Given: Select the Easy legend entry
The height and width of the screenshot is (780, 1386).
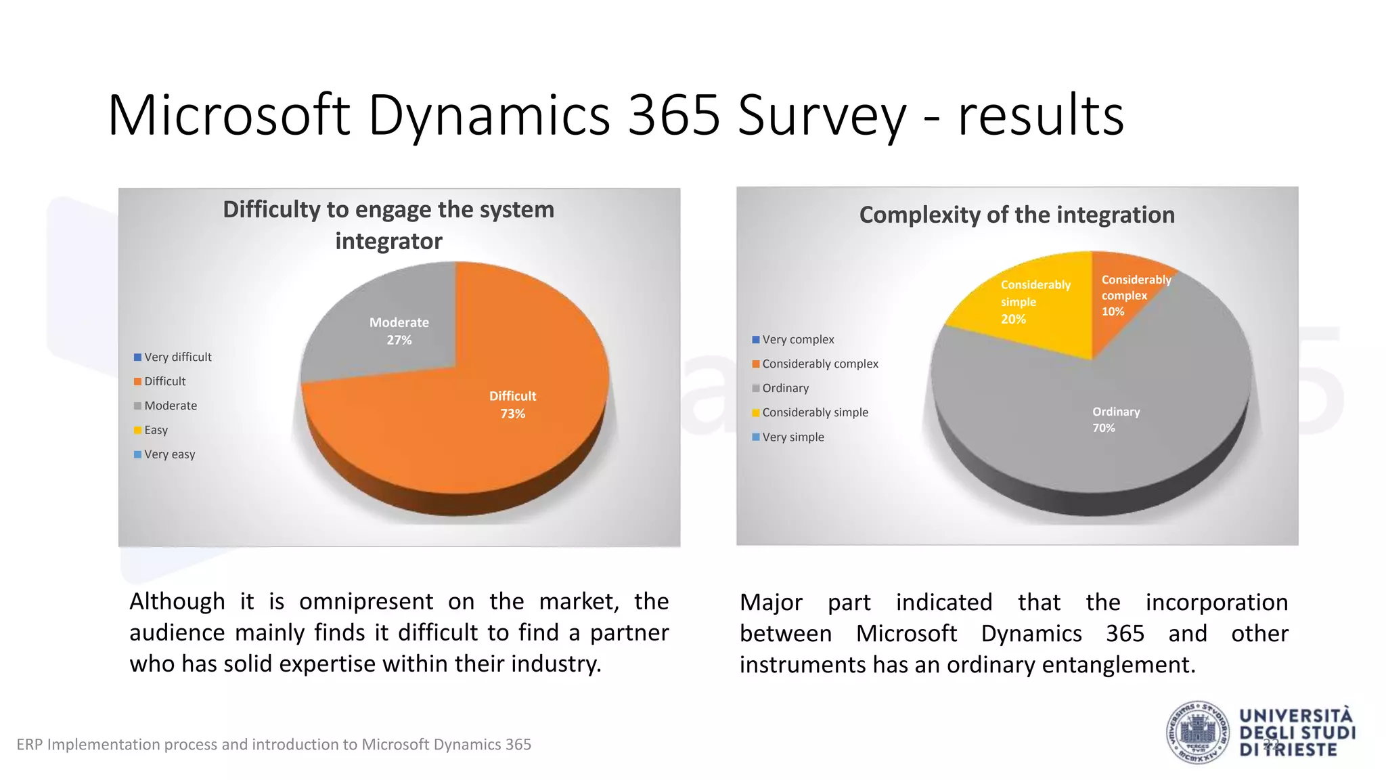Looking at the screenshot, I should (156, 430).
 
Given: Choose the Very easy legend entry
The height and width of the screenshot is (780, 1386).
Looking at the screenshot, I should (169, 454).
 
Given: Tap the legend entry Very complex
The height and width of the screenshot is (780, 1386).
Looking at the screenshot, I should (798, 339).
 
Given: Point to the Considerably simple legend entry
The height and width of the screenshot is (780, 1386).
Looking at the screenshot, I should (815, 412).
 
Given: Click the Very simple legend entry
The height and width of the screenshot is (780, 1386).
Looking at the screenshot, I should (793, 437).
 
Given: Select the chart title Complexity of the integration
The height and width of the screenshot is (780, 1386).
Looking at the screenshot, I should (1016, 215).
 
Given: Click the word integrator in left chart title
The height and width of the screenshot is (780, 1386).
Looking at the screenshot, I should (388, 241).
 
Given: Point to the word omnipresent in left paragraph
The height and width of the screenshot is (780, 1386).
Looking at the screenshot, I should (365, 601).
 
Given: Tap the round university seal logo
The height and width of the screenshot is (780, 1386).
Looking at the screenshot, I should (1198, 733).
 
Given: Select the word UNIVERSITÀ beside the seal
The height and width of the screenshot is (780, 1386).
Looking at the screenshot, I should (1295, 716).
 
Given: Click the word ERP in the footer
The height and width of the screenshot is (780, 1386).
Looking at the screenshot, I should (29, 745).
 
